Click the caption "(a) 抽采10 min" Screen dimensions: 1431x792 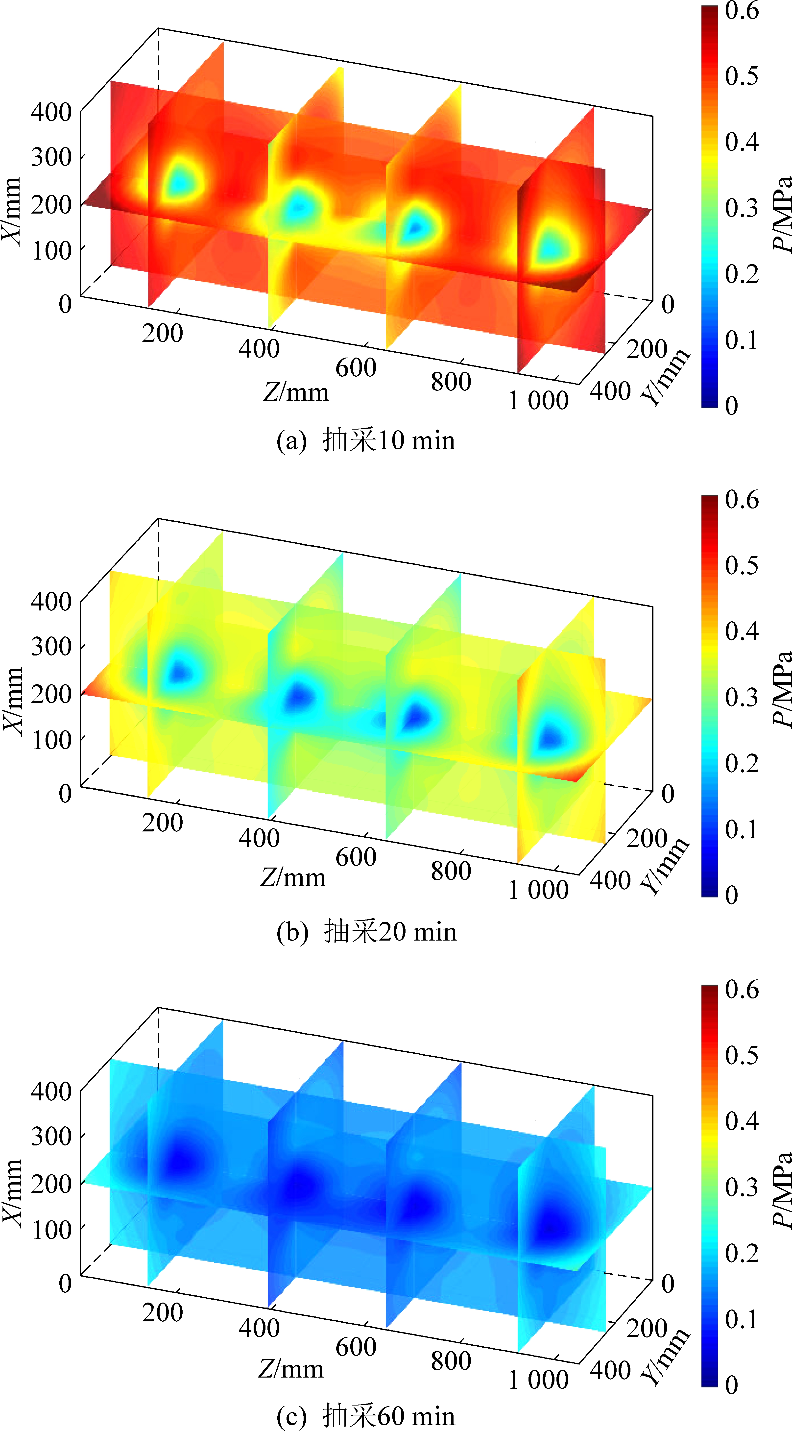pyautogui.click(x=365, y=440)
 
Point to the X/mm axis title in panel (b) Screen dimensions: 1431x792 pyautogui.click(x=12, y=701)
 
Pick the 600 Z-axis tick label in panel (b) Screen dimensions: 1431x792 pyautogui.click(x=356, y=857)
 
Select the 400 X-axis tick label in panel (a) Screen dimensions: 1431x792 pyautogui.click(x=51, y=112)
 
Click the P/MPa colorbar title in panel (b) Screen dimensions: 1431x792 pyautogui.click(x=782, y=689)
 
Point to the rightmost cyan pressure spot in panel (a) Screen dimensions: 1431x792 pyautogui.click(x=550, y=247)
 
